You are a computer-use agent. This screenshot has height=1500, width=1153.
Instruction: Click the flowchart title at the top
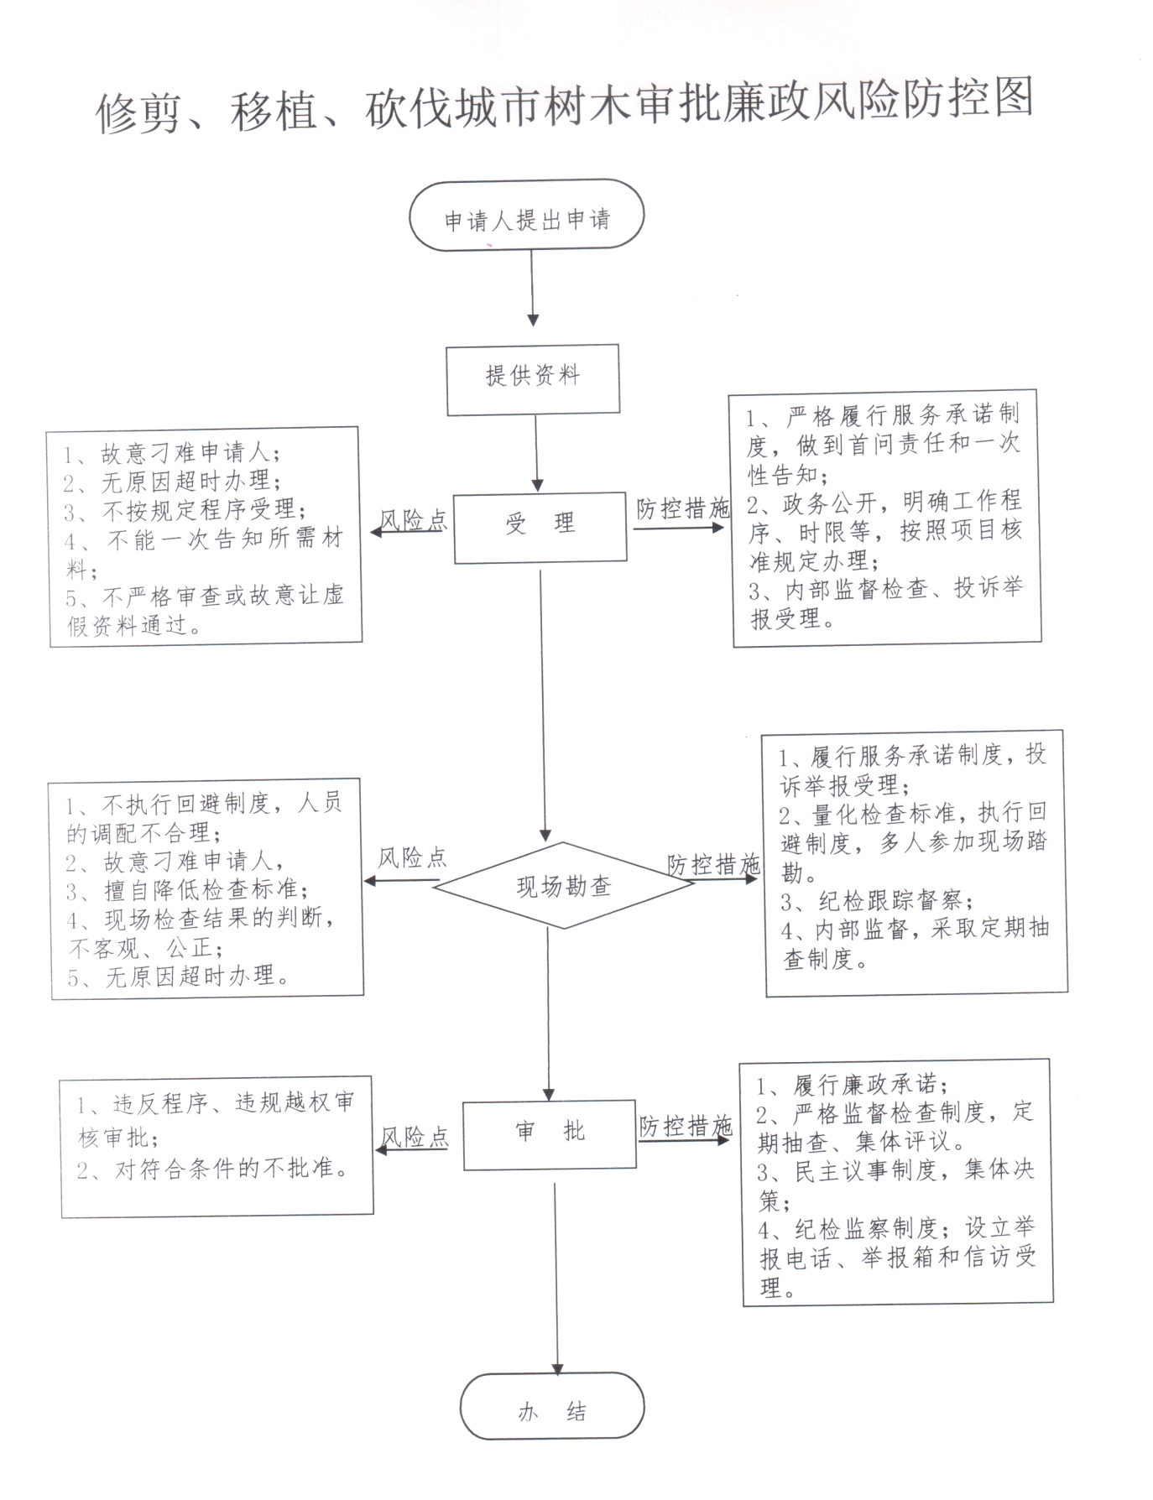pos(564,106)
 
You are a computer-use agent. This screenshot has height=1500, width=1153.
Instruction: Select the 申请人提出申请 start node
pos(526,215)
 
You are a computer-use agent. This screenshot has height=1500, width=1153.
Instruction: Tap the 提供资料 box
pos(533,379)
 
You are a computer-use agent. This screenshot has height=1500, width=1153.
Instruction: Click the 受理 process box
pos(540,526)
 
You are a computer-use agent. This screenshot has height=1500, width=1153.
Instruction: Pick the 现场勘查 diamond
pos(563,885)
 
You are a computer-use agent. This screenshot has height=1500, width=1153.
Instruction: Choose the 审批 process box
pos(550,1134)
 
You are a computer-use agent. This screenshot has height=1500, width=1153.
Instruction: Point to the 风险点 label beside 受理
pos(414,520)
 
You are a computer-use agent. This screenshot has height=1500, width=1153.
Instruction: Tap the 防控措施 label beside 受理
pos(682,508)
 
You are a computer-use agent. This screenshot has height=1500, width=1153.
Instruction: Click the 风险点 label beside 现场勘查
pos(411,857)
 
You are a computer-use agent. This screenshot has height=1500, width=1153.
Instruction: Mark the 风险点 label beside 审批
pos(415,1137)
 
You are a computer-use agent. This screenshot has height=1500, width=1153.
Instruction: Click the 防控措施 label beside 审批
pos(686,1126)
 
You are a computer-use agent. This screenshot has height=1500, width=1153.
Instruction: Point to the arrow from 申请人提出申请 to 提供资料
pos(533,287)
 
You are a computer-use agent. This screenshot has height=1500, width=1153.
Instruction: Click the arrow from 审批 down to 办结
pos(556,1279)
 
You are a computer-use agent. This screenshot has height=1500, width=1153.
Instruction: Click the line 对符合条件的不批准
pos(214,1169)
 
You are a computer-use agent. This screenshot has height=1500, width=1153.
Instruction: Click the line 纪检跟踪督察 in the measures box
pos(878,902)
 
